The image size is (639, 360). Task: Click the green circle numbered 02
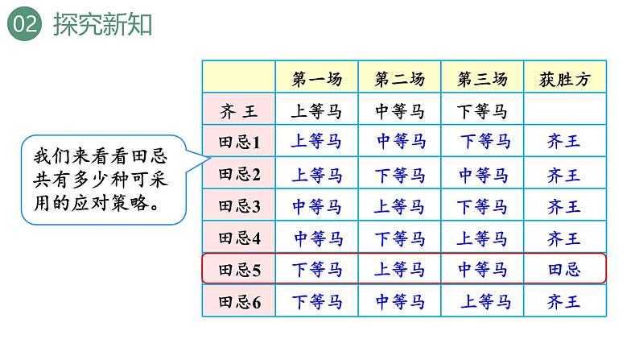tap(23, 25)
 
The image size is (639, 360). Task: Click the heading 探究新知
tap(102, 25)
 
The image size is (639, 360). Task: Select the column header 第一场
tap(317, 79)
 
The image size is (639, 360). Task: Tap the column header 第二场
tap(400, 79)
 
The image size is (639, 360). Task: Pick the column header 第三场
tap(482, 79)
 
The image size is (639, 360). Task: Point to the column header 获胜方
tap(564, 79)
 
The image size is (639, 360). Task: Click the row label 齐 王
tap(239, 111)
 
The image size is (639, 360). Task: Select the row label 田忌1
tap(239, 143)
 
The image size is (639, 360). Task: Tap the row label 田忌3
tap(239, 206)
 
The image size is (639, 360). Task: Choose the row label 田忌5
tap(239, 270)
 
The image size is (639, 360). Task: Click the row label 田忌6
tap(239, 302)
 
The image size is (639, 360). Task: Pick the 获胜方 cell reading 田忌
tap(563, 270)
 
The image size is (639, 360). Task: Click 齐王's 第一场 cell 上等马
tap(317, 111)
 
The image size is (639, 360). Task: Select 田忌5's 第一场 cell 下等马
tap(317, 270)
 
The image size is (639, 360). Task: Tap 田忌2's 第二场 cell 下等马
tap(400, 174)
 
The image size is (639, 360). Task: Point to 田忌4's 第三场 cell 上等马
tap(483, 238)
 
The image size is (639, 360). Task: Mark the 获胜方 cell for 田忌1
tap(563, 143)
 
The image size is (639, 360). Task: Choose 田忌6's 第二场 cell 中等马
tap(400, 302)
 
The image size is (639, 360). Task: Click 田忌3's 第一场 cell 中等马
tap(317, 206)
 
